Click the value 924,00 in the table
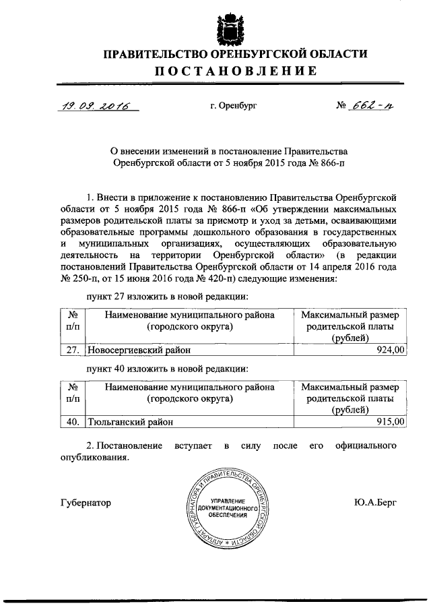click(x=391, y=350)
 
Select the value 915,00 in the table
click(x=391, y=421)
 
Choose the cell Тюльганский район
click(x=128, y=422)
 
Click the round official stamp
click(x=225, y=508)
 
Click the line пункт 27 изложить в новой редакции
click(x=167, y=297)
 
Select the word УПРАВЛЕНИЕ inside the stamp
click(x=225, y=499)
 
